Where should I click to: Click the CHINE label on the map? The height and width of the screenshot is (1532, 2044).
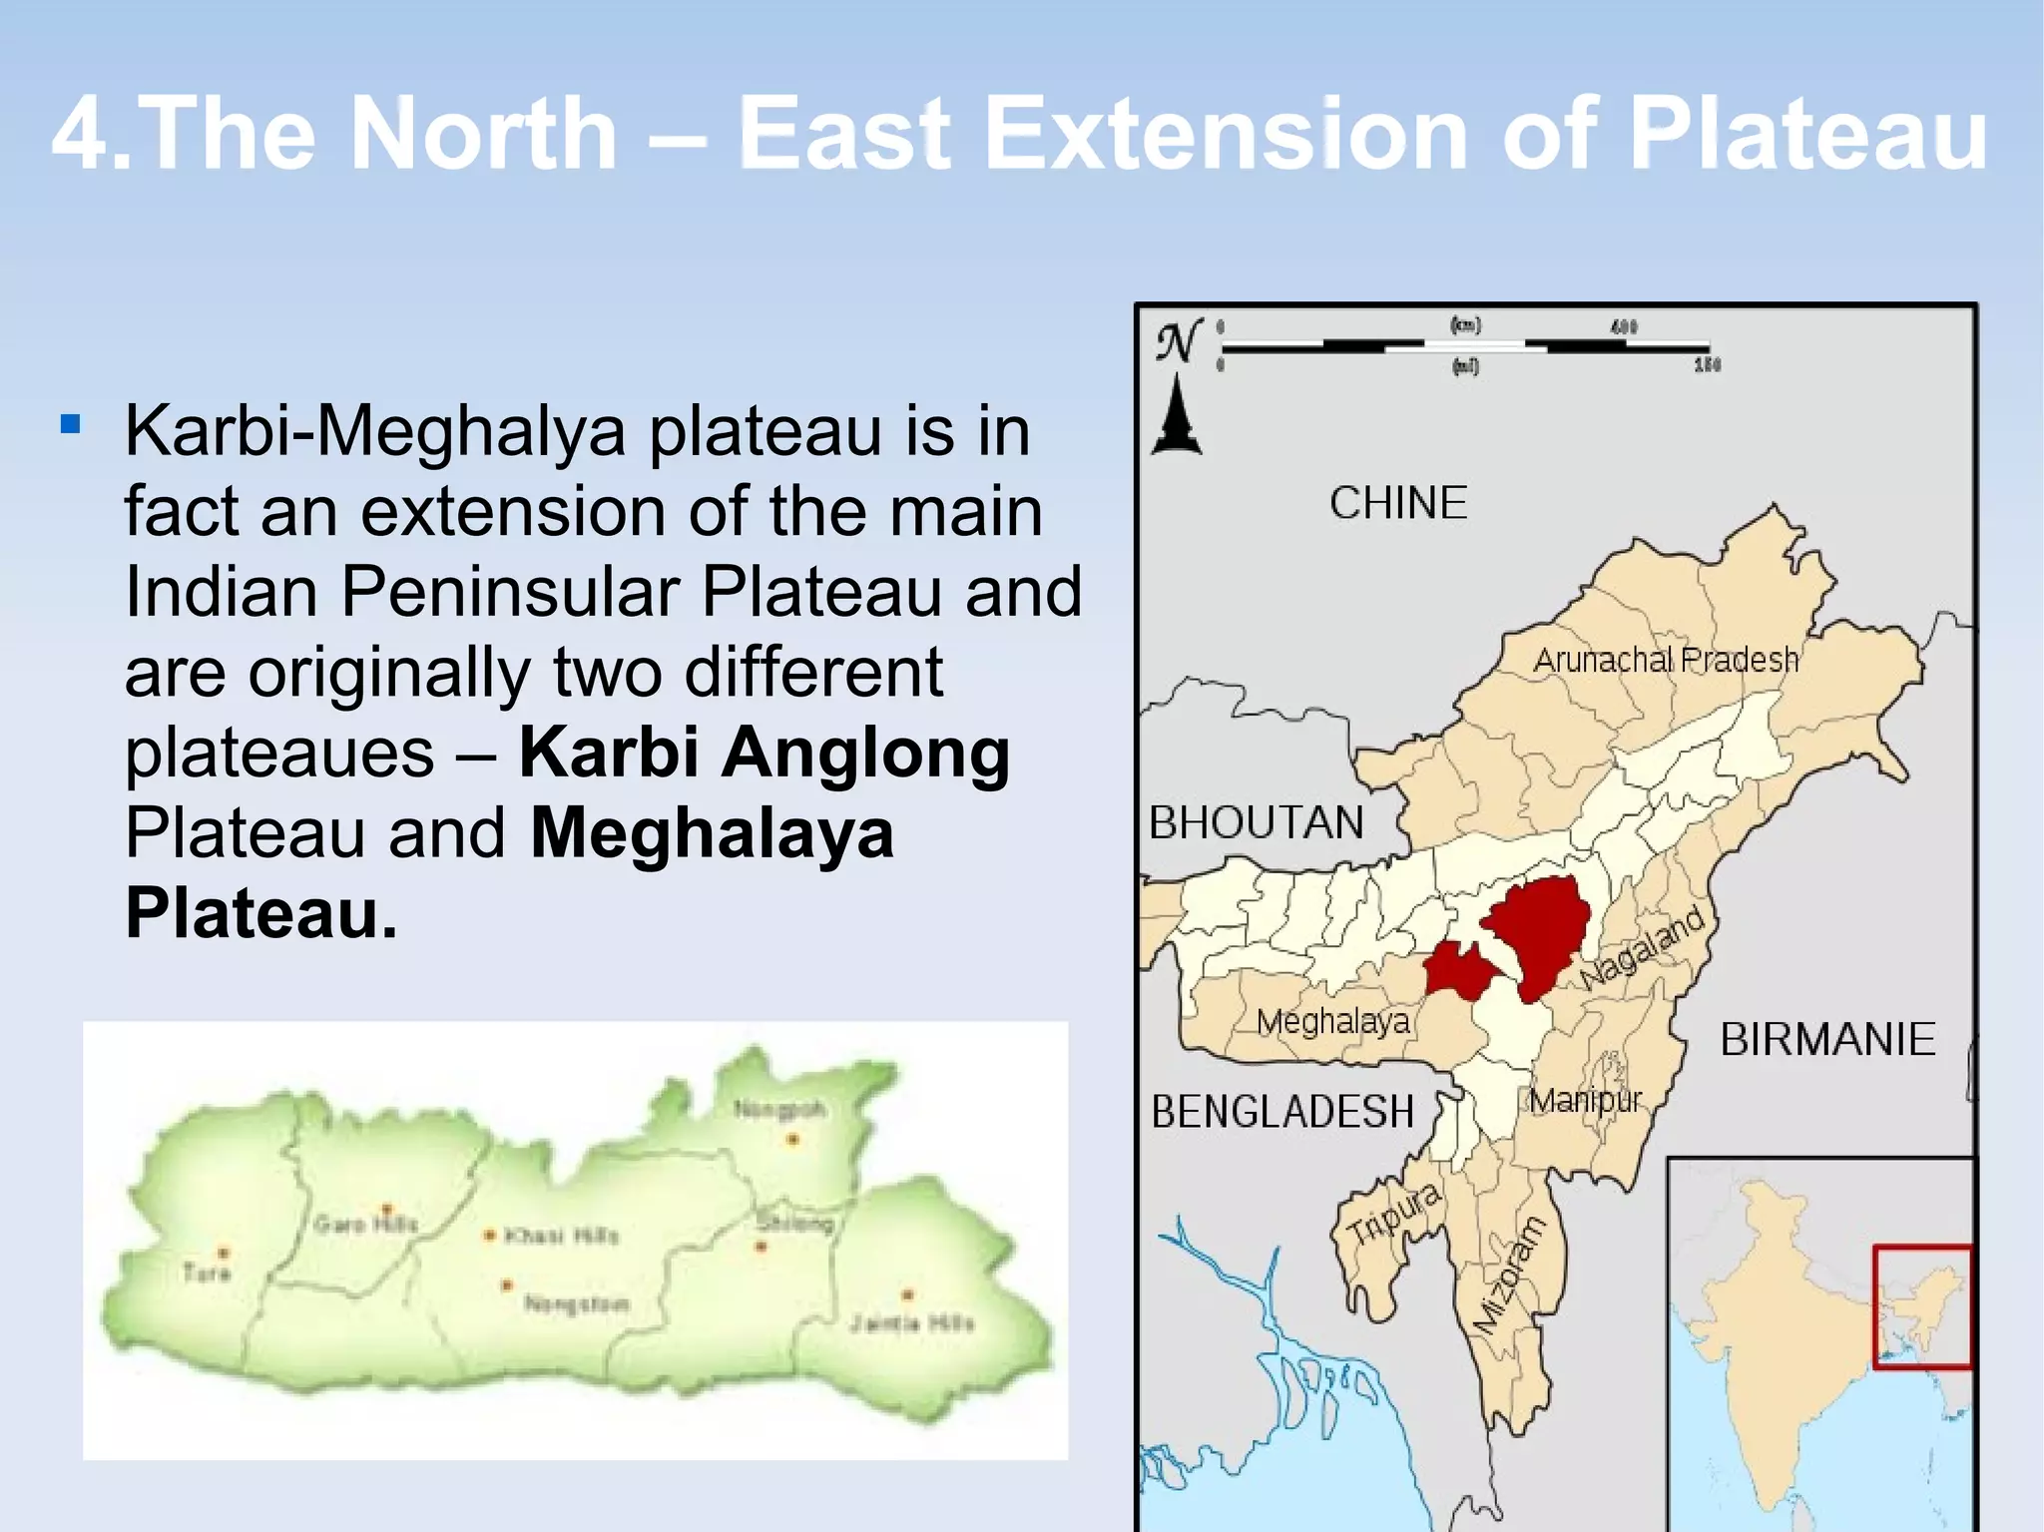[1397, 503]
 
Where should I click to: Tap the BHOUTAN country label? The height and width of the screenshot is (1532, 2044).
[1256, 823]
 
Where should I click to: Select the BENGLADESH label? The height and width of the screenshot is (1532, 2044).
[1282, 1112]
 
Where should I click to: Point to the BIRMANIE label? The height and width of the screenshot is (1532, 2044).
[1826, 1040]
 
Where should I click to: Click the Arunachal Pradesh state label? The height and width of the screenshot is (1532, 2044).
[1665, 660]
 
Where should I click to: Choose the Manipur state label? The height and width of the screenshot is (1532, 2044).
[1585, 1101]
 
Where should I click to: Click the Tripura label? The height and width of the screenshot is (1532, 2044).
[1393, 1215]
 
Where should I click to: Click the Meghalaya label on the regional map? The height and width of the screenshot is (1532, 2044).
[1332, 1021]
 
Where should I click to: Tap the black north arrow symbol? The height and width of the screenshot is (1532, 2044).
[1177, 416]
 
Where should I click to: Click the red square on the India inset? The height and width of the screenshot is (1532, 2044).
[1922, 1306]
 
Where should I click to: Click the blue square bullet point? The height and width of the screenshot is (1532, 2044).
[70, 425]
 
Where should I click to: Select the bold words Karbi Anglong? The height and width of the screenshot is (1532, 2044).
[764, 753]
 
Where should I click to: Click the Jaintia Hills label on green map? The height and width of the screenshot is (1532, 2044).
[911, 1323]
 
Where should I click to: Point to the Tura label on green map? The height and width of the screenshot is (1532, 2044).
[207, 1273]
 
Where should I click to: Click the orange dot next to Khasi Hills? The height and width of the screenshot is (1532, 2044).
[489, 1236]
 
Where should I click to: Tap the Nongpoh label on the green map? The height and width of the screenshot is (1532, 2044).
[779, 1109]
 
